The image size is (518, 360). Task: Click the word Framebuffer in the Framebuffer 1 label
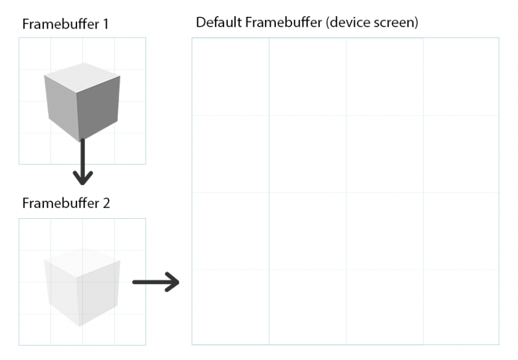61,24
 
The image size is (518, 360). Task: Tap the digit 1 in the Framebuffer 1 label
106,25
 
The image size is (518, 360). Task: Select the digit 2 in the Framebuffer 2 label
106,203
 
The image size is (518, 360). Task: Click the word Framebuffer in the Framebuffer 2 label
61,203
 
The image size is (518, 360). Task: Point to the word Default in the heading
219,23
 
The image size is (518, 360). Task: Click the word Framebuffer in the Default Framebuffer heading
284,23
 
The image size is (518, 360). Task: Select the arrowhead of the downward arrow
83,177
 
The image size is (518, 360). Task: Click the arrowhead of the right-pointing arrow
172,282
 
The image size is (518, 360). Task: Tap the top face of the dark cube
82,78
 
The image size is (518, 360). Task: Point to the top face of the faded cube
82,262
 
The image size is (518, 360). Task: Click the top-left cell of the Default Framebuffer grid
231,76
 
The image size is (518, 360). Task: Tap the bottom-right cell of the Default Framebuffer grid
461,307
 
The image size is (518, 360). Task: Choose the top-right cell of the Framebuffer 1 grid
130,54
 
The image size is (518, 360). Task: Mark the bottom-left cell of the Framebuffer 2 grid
35,330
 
